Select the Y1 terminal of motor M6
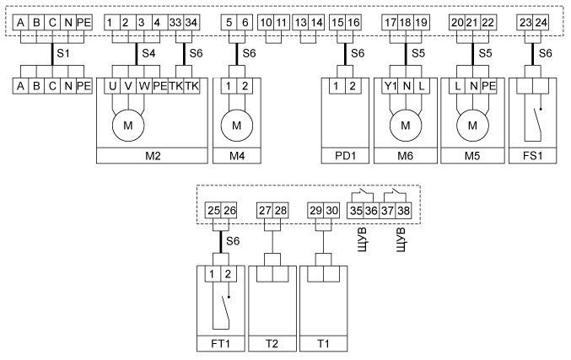coord(389,86)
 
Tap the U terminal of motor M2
coord(111,86)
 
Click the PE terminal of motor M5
coord(488,86)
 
